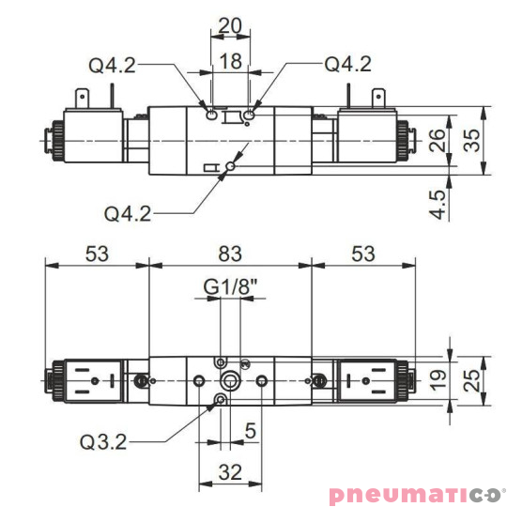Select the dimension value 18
click(230, 62)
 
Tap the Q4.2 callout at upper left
click(113, 65)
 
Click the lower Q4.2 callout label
click(129, 213)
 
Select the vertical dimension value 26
click(438, 140)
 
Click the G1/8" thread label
click(231, 286)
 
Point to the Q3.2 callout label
click(103, 441)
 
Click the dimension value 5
click(249, 433)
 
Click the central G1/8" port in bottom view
click(230, 381)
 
